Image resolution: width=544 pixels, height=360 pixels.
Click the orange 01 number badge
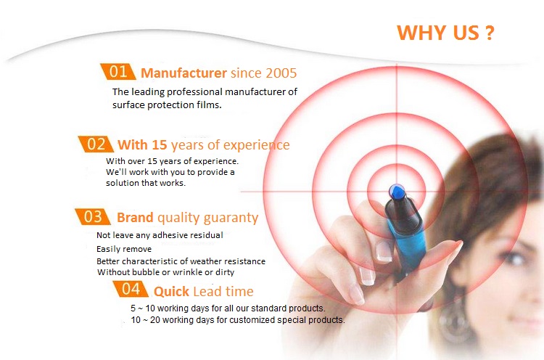(118, 72)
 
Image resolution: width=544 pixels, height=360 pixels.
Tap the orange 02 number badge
(96, 144)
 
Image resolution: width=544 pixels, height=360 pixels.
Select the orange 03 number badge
(93, 216)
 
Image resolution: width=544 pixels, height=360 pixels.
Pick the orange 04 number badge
(131, 289)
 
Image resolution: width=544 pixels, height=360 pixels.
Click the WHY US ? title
(445, 33)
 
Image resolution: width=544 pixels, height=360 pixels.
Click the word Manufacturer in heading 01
(184, 73)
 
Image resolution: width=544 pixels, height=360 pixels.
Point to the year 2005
(281, 73)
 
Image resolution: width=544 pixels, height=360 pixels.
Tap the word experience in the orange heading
(256, 145)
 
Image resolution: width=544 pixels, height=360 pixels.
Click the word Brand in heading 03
(135, 217)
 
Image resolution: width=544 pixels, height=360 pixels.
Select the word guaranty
(231, 218)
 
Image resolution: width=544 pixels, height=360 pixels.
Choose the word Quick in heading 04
(171, 291)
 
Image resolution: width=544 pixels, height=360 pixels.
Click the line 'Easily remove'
(124, 249)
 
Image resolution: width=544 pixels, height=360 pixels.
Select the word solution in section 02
(120, 183)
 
